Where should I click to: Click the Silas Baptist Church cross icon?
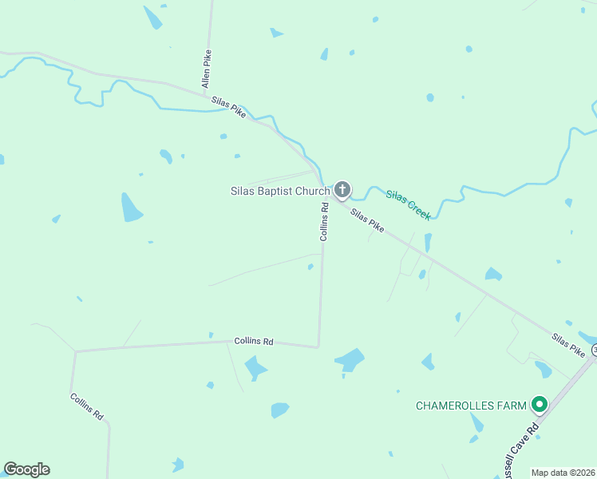(x=342, y=190)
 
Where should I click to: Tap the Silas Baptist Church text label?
(x=279, y=191)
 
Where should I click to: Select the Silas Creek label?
(x=409, y=204)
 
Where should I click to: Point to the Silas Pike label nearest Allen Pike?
(x=229, y=108)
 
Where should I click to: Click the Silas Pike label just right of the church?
(x=368, y=220)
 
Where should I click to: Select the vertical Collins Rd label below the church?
(x=324, y=222)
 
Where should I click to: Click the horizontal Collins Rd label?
(x=254, y=341)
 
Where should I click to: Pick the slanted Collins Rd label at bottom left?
(x=86, y=407)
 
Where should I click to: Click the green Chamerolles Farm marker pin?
(x=539, y=406)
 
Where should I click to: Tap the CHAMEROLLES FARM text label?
(x=471, y=406)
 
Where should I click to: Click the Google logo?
(x=26, y=469)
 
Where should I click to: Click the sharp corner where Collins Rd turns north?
(x=318, y=346)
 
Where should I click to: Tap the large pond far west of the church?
(x=131, y=208)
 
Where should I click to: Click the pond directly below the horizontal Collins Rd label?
(x=255, y=368)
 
